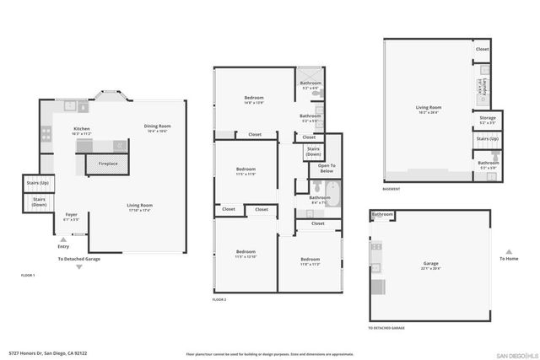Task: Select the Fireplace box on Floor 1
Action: click(108, 164)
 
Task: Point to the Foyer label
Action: click(72, 216)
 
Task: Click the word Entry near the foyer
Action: click(63, 246)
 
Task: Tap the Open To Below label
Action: click(327, 168)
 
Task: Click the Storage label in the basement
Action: click(488, 119)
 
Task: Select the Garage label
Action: click(430, 265)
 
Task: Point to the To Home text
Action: click(508, 259)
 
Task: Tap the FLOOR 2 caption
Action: click(219, 299)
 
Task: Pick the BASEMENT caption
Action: click(391, 190)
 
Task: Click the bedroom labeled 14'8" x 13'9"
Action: click(255, 99)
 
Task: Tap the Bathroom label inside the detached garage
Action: click(383, 214)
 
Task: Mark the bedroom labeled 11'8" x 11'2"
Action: click(310, 261)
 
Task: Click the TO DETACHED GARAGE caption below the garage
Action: click(386, 327)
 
